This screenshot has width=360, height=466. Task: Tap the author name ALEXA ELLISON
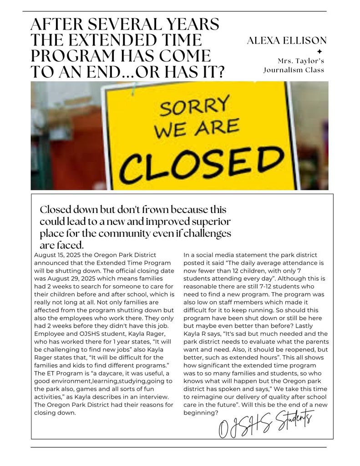[x=287, y=41]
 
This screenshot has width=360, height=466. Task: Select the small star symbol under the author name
[x=319, y=51]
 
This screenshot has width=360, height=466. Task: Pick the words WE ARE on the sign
[x=197, y=128]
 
